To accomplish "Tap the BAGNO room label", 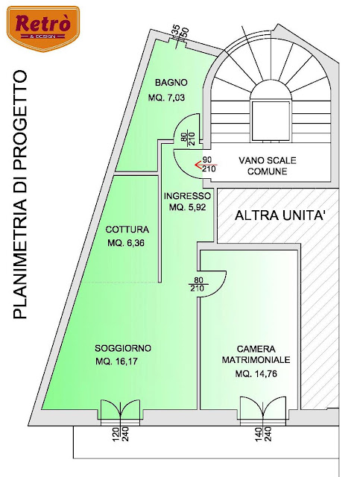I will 171,82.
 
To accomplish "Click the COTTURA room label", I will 127,230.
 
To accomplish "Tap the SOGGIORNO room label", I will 123,349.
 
